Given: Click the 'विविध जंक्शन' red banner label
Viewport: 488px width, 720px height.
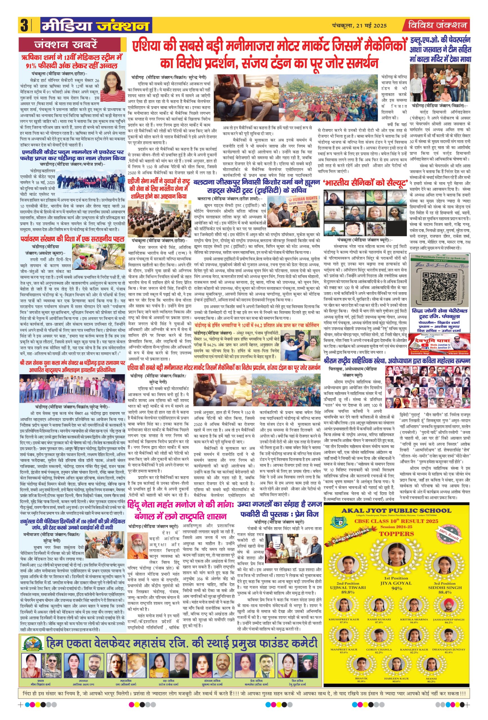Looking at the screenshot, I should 437,25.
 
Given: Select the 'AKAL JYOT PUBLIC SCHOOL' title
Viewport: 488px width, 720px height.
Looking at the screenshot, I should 396,510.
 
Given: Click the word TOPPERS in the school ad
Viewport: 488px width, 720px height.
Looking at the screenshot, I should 396,534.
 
